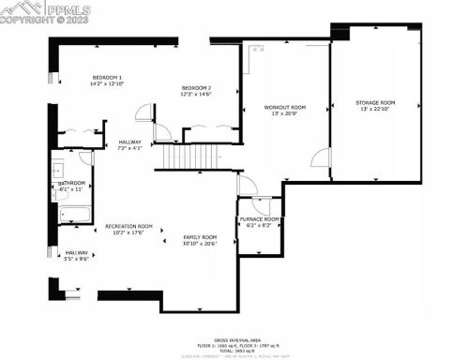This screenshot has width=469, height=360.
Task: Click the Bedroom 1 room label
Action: pos(107,80)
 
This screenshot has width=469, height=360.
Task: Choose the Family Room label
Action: pos(199,236)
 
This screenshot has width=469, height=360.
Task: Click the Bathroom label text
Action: pos(72,183)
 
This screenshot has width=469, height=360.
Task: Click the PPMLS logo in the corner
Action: pos(29,11)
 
